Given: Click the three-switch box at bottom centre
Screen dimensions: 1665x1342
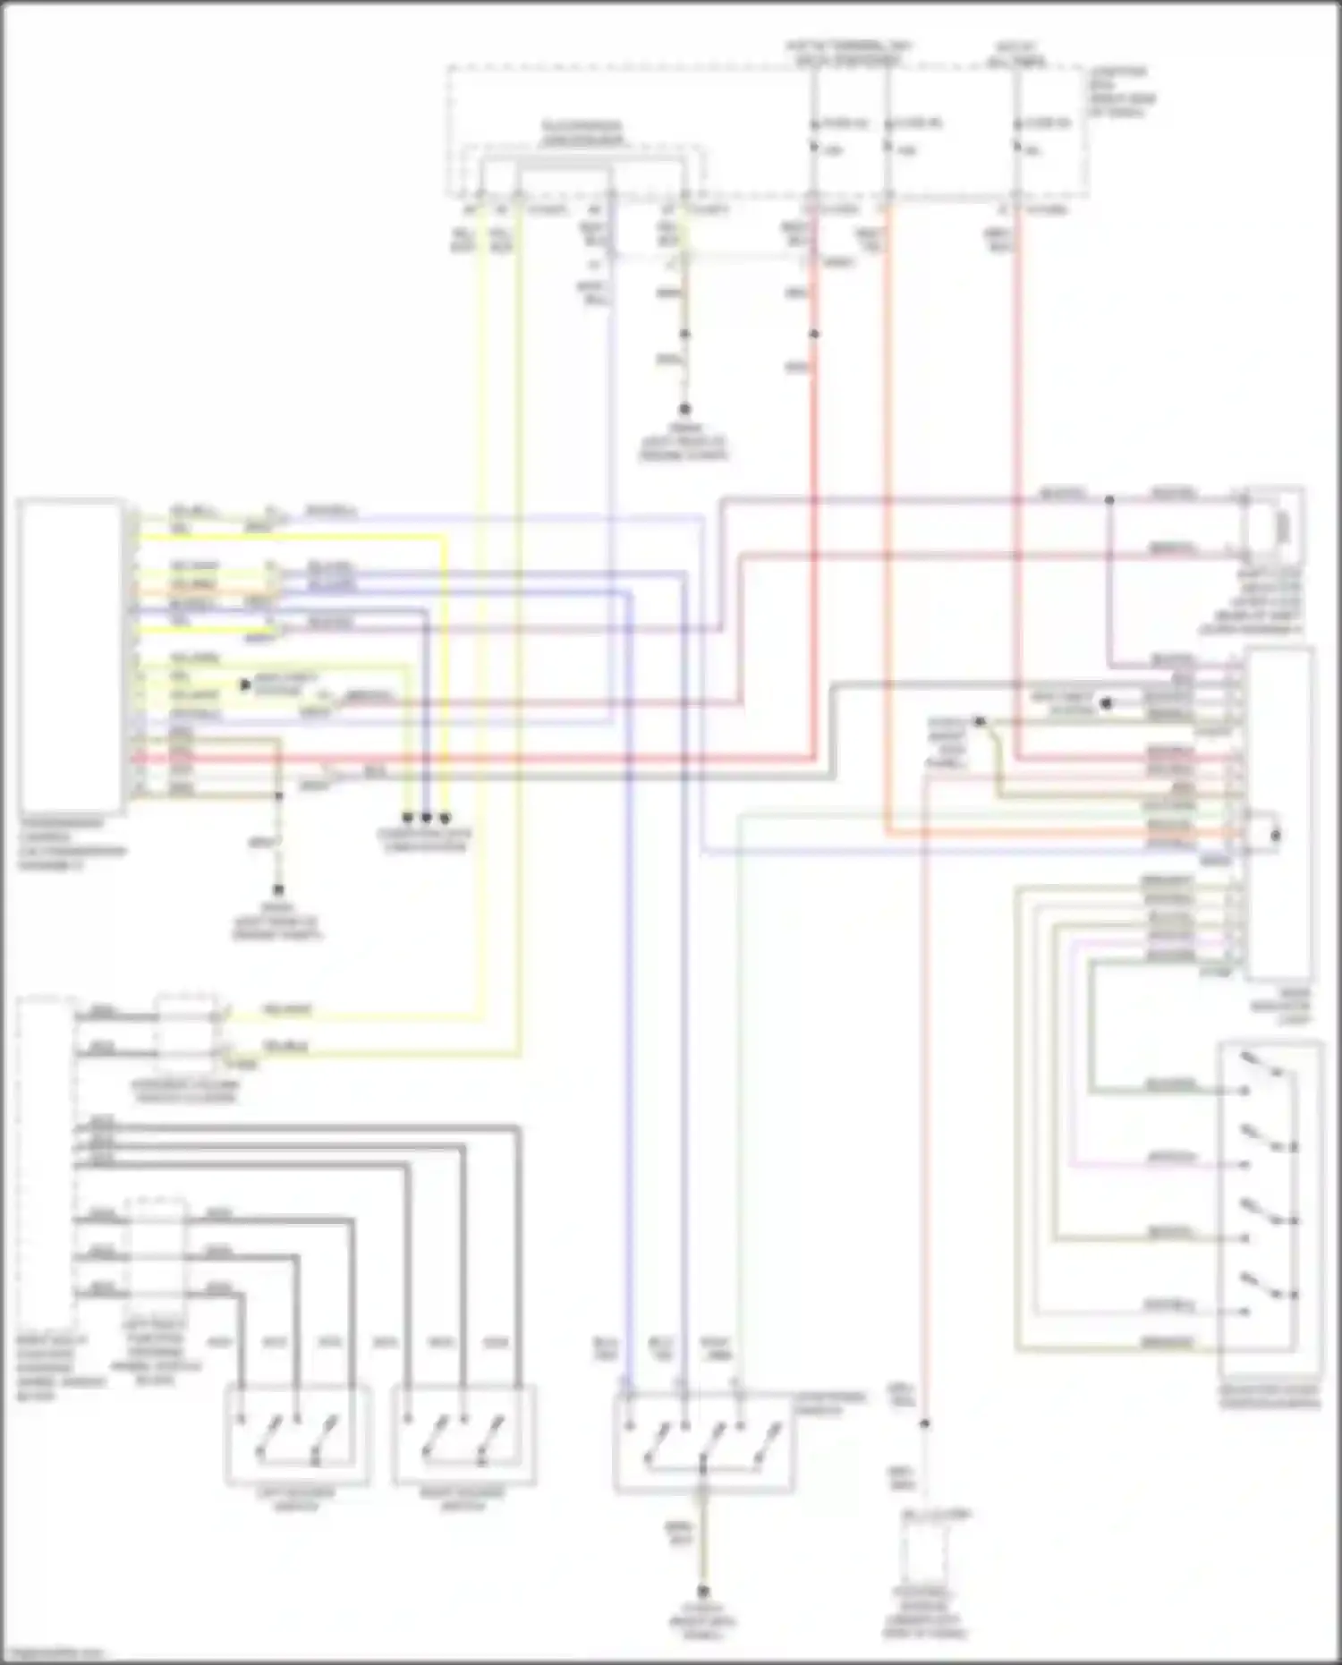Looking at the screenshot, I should click(x=703, y=1442).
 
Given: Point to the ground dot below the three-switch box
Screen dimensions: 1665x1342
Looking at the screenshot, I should click(x=703, y=1592).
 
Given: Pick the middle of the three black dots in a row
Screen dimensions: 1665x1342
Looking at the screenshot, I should click(x=426, y=818).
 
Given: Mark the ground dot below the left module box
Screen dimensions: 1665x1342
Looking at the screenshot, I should click(x=278, y=890).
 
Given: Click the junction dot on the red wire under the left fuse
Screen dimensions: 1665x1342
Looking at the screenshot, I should click(x=814, y=334).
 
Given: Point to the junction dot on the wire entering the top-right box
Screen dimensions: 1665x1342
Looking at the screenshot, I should click(x=1109, y=500).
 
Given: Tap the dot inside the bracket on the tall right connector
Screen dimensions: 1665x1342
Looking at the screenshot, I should click(x=1275, y=836).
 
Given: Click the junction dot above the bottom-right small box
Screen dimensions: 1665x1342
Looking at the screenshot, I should click(x=925, y=1423).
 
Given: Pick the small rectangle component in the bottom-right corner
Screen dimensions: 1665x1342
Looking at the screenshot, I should click(x=925, y=1553).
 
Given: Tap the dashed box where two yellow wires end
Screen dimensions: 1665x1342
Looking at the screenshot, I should click(x=186, y=1032).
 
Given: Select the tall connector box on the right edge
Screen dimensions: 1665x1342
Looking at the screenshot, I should click(x=1280, y=814).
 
